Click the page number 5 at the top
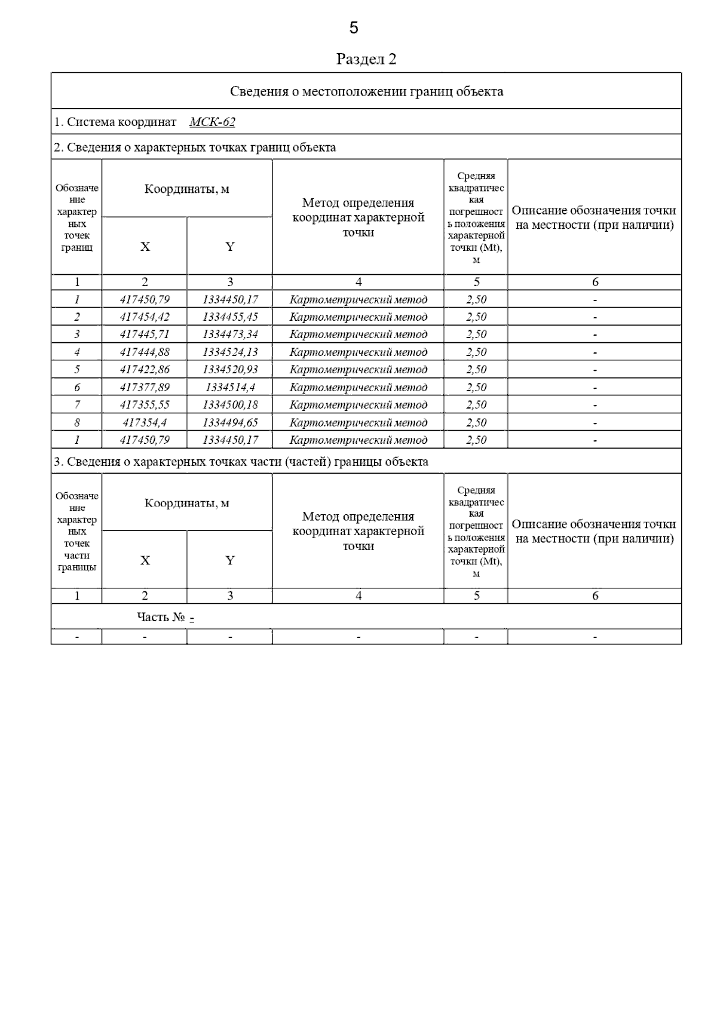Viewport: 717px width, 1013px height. tap(354, 27)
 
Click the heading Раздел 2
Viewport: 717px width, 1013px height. tap(366, 59)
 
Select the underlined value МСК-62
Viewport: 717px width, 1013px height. tap(212, 122)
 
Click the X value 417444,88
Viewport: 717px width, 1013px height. tap(145, 352)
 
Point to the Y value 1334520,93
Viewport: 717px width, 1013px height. tap(230, 370)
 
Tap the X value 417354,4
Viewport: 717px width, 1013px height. tap(145, 423)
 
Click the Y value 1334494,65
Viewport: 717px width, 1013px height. tap(230, 423)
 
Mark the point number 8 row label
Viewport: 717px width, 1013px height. tap(77, 423)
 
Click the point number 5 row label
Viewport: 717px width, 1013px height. tap(77, 370)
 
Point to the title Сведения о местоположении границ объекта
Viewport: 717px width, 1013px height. tap(366, 91)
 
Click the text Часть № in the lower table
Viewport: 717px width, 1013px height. tap(161, 617)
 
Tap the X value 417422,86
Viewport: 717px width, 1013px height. tap(145, 370)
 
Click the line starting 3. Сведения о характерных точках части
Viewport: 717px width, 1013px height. tap(241, 462)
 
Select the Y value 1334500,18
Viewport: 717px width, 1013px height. tap(230, 405)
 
